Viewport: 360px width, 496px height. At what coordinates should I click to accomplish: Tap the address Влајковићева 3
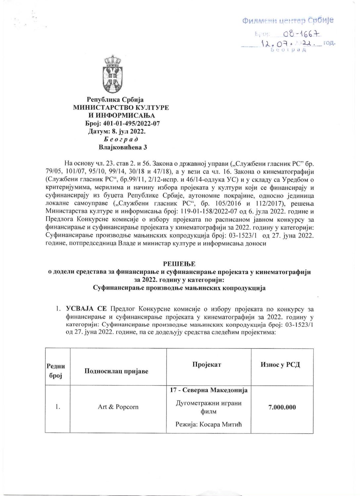tap(121, 147)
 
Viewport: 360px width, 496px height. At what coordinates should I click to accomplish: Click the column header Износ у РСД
tap(281, 364)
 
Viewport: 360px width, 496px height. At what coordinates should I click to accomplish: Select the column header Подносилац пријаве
tap(116, 371)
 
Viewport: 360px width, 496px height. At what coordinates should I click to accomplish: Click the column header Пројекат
tap(206, 364)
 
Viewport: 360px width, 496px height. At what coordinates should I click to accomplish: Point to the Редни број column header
tap(56, 371)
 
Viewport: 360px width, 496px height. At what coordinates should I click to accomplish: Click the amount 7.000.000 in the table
tap(281, 407)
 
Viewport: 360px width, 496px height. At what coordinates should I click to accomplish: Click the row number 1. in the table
tap(58, 407)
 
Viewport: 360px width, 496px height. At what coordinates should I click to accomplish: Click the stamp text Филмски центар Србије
tap(288, 21)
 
